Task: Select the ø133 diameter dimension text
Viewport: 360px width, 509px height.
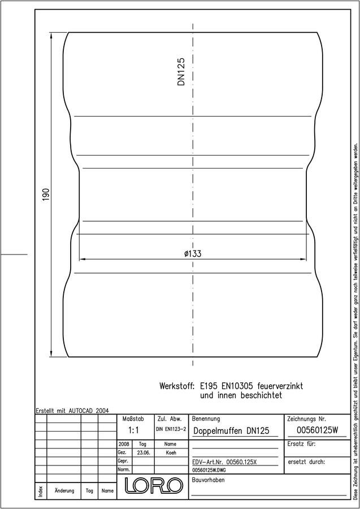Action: pos(193,253)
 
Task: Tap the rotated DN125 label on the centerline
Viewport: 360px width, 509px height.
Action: pos(181,72)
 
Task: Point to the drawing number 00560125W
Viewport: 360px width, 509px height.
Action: pos(318,430)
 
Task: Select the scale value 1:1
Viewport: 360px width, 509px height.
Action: pos(133,430)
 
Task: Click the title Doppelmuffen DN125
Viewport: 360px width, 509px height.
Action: pos(231,431)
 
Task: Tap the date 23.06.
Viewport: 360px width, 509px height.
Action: pos(143,453)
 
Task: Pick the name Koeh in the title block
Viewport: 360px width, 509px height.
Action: pos(171,453)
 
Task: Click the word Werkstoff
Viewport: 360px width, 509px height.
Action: pos(177,386)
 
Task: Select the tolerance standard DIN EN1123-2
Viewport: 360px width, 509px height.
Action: pos(171,429)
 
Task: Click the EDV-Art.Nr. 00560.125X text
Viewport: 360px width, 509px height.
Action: pos(224,462)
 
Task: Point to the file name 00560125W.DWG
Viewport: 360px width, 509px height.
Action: pos(209,470)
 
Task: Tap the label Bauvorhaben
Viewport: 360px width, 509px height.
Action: pos(208,480)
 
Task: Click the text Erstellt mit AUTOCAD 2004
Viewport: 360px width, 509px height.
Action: pos(72,411)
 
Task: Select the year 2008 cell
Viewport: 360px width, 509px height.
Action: pos(124,444)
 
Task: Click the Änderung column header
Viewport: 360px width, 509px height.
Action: pos(64,490)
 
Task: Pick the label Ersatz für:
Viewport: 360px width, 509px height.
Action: pos(301,444)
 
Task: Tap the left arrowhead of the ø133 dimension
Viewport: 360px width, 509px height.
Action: pos(83,259)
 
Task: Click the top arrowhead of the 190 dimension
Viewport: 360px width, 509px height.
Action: pos(51,35)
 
